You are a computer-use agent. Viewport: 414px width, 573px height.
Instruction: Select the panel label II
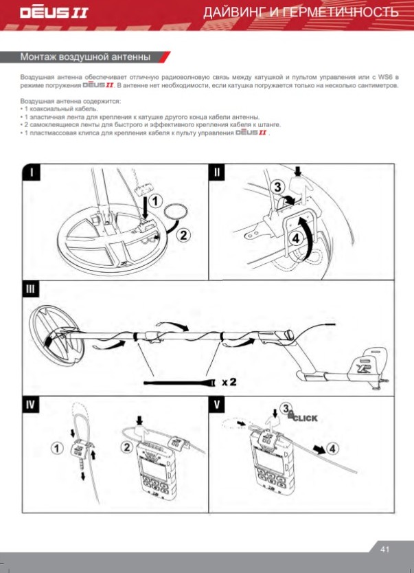pos(217,172)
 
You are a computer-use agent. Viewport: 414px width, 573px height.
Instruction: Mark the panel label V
pos(217,404)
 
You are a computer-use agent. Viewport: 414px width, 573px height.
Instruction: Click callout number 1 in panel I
pos(157,201)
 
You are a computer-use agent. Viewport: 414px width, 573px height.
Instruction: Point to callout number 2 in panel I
pos(184,236)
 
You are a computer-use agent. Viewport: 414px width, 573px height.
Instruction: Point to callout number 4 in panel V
pos(332,448)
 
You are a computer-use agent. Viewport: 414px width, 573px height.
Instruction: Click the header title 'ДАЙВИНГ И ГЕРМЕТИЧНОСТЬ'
pos(306,13)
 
